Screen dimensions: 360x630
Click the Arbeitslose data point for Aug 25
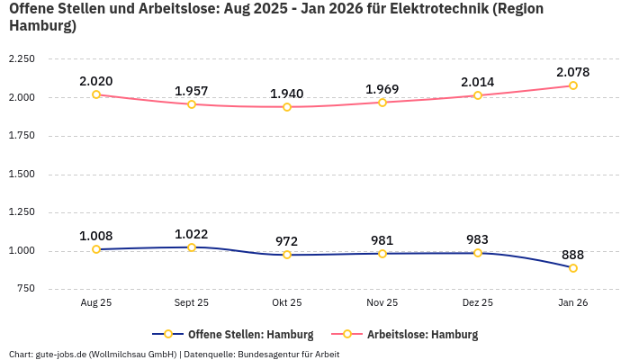point(96,94)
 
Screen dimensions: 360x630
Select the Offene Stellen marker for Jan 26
point(573,268)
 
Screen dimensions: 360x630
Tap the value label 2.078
point(573,72)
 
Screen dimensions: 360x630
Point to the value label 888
point(573,255)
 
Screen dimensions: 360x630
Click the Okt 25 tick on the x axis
point(287,303)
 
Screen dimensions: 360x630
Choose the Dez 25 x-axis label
point(478,303)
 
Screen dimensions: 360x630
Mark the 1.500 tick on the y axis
point(21,174)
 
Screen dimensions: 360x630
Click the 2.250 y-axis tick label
point(21,58)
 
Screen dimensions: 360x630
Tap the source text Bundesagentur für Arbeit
point(288,354)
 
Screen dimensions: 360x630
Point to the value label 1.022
point(192,234)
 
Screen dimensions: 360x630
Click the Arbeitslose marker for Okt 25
point(287,107)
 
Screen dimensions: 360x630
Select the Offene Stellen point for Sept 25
point(192,247)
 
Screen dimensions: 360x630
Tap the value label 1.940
point(287,94)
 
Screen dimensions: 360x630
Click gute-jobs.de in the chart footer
point(61,354)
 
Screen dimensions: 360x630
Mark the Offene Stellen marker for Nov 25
point(382,254)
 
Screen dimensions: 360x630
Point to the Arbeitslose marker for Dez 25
point(478,95)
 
